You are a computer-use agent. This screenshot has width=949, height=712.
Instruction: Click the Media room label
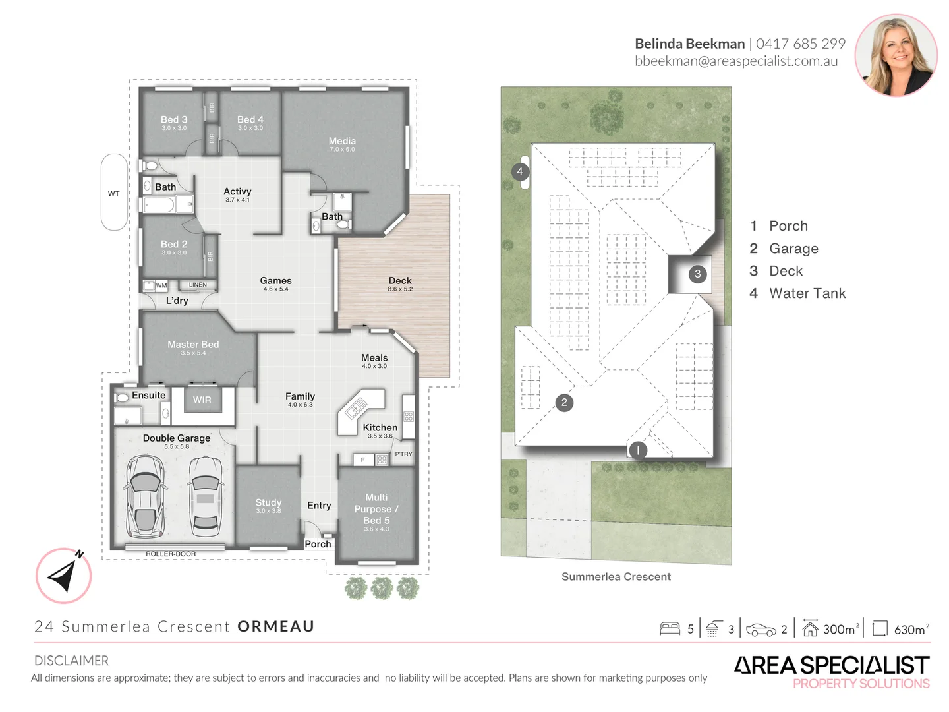(342, 141)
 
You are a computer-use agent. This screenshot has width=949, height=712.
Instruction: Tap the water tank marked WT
(114, 193)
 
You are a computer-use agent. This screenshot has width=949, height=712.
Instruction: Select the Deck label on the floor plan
(400, 281)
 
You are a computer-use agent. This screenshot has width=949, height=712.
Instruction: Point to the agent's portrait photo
(896, 55)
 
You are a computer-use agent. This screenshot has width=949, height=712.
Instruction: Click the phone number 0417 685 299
(800, 44)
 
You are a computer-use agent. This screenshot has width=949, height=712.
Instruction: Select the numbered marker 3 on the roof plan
(697, 274)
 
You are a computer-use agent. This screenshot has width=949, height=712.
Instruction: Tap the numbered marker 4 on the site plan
(520, 171)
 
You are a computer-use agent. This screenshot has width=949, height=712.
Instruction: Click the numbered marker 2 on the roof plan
(564, 402)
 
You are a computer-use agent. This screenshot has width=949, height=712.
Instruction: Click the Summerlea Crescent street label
(616, 577)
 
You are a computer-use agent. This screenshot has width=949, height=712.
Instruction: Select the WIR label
(202, 400)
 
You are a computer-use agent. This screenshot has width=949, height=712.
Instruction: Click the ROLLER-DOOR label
(171, 554)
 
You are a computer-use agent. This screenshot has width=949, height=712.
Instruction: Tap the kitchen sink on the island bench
(355, 407)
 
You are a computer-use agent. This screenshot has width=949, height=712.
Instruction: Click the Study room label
(268, 502)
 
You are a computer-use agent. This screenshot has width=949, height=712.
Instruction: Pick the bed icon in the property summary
(670, 628)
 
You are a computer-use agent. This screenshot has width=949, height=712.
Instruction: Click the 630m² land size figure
(911, 629)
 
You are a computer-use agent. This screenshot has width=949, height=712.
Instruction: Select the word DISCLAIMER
(72, 661)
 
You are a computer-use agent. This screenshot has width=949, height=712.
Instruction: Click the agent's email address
(736, 61)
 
